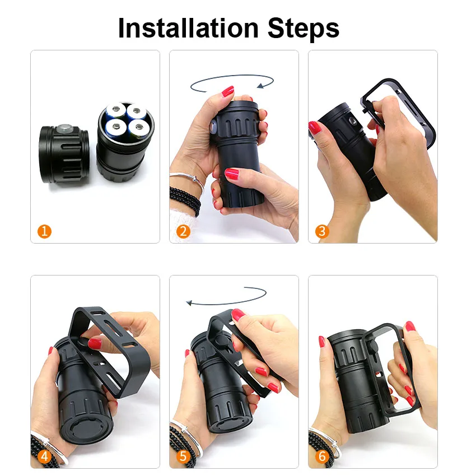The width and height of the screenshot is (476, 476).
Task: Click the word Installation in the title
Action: point(188,28)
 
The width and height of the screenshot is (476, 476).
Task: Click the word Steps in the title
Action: point(304,29)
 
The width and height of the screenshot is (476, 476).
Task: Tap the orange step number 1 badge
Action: point(44,231)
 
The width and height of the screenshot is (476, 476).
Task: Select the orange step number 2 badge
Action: point(183,231)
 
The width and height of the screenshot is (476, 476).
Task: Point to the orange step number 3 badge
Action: point(322,231)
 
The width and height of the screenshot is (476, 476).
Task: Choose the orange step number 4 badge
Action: point(44,456)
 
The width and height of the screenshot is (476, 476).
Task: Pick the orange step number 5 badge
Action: point(183,456)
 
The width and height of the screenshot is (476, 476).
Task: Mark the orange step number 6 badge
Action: point(322,456)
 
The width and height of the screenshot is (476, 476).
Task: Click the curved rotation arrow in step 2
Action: point(232,75)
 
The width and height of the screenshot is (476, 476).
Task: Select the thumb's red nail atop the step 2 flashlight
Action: point(228,91)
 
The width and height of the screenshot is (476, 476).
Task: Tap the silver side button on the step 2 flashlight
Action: point(213,127)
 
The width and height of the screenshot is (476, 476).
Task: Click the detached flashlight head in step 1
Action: point(64,155)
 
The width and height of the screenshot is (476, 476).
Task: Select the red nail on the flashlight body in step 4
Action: point(95,343)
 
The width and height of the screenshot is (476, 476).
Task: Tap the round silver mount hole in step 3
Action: point(352,121)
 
